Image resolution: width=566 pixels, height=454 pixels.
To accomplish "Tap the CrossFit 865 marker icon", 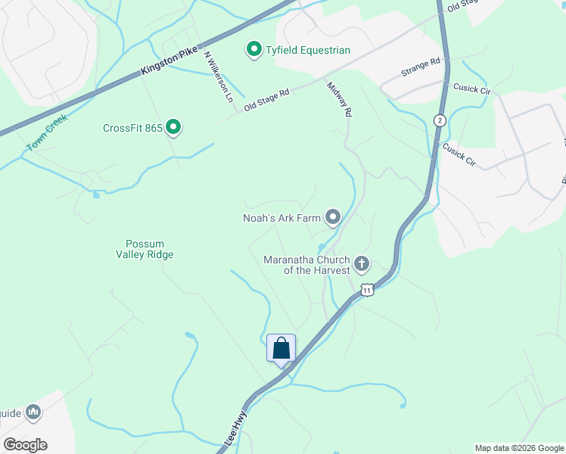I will (173, 127).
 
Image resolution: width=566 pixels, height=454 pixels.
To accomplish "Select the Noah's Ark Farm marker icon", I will (332, 218).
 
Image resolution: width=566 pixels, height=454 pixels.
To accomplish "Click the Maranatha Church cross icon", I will (362, 264).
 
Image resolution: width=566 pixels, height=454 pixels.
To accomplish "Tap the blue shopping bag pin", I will (281, 349).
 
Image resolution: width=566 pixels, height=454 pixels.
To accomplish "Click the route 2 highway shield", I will (439, 120).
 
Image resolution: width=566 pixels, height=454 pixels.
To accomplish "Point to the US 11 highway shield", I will (367, 289).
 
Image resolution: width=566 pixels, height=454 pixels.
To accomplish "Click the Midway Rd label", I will (340, 98).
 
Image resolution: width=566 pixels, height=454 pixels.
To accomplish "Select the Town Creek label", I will (46, 132).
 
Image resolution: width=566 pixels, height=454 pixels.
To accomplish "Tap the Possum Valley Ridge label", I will (150, 249).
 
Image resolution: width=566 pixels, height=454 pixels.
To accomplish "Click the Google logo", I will (25, 445).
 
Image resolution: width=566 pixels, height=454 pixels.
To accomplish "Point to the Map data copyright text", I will (518, 448).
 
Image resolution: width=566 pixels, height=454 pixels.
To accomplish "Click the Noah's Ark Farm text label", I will (281, 218).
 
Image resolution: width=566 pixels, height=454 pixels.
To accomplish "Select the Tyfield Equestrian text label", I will (308, 51).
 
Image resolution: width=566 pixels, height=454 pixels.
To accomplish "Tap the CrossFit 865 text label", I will (133, 128).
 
